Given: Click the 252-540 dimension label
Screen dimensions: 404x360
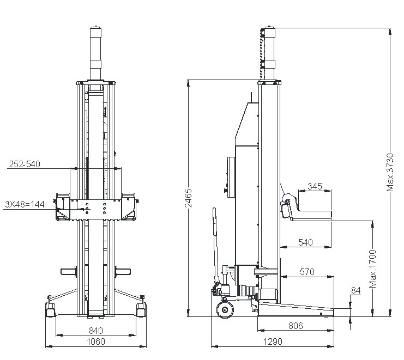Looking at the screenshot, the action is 25,164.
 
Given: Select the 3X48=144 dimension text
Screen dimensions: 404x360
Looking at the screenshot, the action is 25,204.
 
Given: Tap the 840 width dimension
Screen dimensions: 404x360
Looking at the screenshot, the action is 96,330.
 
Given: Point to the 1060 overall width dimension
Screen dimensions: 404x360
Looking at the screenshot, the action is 96,341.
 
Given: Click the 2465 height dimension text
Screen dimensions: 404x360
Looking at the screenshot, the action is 189,198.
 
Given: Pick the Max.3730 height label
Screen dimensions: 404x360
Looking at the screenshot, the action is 390,172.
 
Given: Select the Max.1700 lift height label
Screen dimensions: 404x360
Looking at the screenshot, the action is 372,269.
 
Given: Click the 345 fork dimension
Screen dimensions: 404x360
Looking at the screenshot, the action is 315,186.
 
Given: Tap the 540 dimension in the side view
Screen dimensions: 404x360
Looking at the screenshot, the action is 305,242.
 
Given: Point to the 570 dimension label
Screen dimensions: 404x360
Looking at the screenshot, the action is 307,272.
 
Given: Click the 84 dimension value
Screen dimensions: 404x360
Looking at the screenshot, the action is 356,290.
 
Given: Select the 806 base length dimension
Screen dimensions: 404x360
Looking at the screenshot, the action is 296,326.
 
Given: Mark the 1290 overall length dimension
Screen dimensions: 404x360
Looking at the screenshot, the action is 273,341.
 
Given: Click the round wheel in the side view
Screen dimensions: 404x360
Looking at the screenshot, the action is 225,310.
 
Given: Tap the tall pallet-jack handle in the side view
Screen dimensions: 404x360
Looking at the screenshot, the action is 216,245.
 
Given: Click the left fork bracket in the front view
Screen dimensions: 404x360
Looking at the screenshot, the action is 63,207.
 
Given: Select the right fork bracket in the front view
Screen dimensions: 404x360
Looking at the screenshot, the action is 129,207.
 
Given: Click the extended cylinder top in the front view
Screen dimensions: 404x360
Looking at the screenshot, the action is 95,53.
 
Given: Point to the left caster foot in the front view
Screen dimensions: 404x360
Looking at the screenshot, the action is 50,309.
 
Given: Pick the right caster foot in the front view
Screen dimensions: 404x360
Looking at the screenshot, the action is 141,309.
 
